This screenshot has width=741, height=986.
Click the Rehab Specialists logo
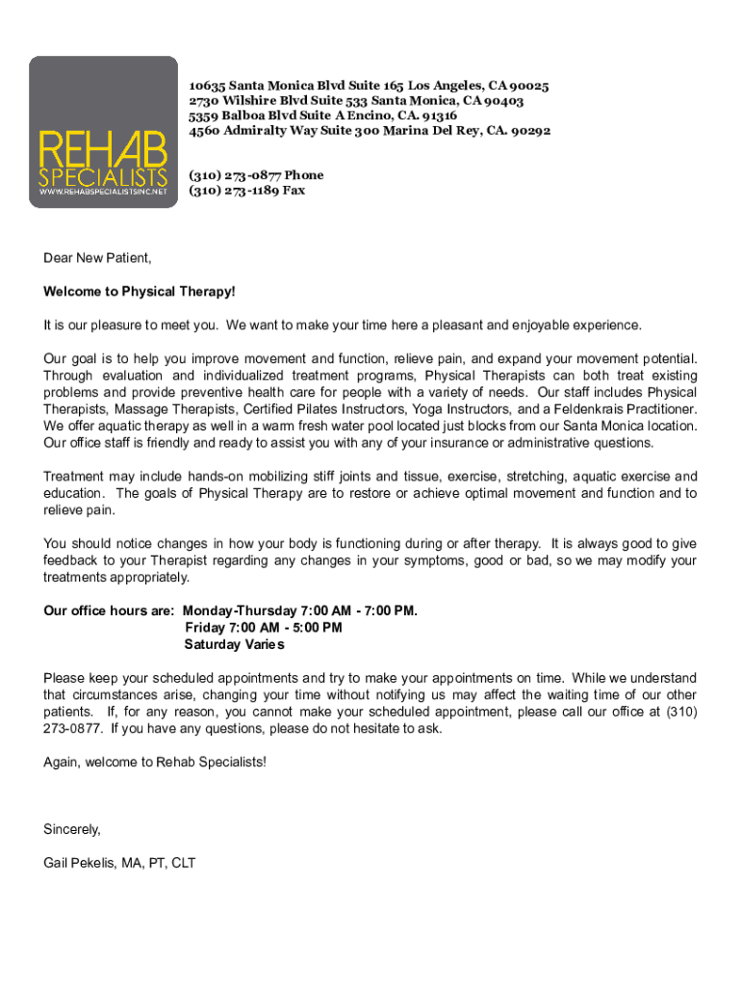[x=103, y=131]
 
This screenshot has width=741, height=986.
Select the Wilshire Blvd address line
[x=356, y=100]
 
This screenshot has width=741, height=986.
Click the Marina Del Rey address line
[x=370, y=130]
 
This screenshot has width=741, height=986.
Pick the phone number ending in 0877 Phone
[x=256, y=175]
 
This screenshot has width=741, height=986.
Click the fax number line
[x=247, y=190]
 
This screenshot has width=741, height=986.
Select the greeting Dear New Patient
[x=97, y=258]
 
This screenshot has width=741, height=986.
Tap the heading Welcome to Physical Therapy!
[x=139, y=292]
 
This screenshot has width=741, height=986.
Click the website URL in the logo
[x=103, y=192]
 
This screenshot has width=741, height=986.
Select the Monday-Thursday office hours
[x=300, y=610]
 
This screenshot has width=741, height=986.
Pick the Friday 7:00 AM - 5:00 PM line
[x=263, y=628]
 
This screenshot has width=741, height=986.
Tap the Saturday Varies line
[x=235, y=644]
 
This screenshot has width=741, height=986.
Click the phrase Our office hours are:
[x=109, y=610]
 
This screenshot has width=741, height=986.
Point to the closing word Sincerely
[x=72, y=829]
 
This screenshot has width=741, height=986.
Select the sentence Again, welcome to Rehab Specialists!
[x=154, y=762]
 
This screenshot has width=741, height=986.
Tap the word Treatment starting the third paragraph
[x=74, y=477]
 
